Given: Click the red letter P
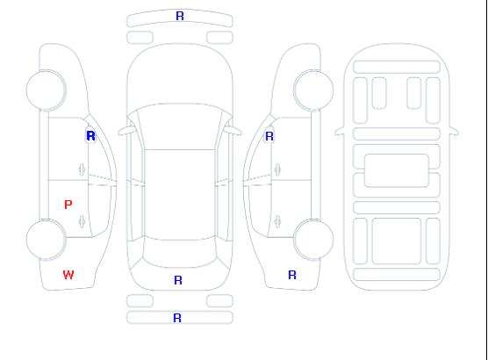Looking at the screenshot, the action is click(x=68, y=205).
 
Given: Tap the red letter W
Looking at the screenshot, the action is click(x=68, y=275).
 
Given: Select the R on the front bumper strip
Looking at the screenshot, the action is click(x=180, y=16).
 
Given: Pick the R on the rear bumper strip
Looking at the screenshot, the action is click(x=177, y=318).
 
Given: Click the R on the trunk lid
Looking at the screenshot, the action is click(x=178, y=280).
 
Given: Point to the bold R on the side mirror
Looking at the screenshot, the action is click(x=90, y=136).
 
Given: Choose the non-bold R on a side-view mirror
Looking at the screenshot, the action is click(x=269, y=136).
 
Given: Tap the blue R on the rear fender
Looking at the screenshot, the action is click(x=292, y=275).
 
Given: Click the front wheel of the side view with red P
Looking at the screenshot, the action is click(x=46, y=90).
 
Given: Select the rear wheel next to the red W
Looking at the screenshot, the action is click(x=46, y=240).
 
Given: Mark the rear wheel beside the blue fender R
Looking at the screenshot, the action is click(x=313, y=240).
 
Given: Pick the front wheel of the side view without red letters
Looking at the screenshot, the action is click(x=313, y=90).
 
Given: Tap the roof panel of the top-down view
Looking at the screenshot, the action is click(x=180, y=195).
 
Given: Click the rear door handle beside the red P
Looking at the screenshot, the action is click(x=82, y=221).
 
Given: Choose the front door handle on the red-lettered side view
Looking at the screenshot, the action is click(x=82, y=169).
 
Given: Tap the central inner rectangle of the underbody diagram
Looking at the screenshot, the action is click(x=397, y=170).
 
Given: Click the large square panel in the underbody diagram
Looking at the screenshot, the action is click(x=397, y=241).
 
